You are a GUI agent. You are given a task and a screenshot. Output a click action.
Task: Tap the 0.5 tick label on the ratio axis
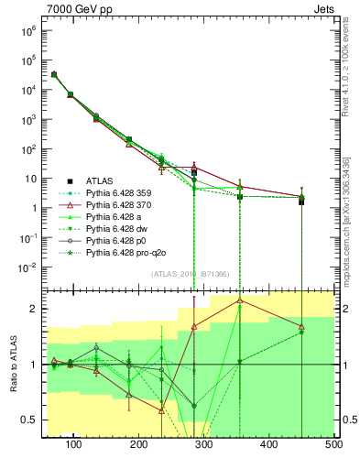[28, 420]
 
